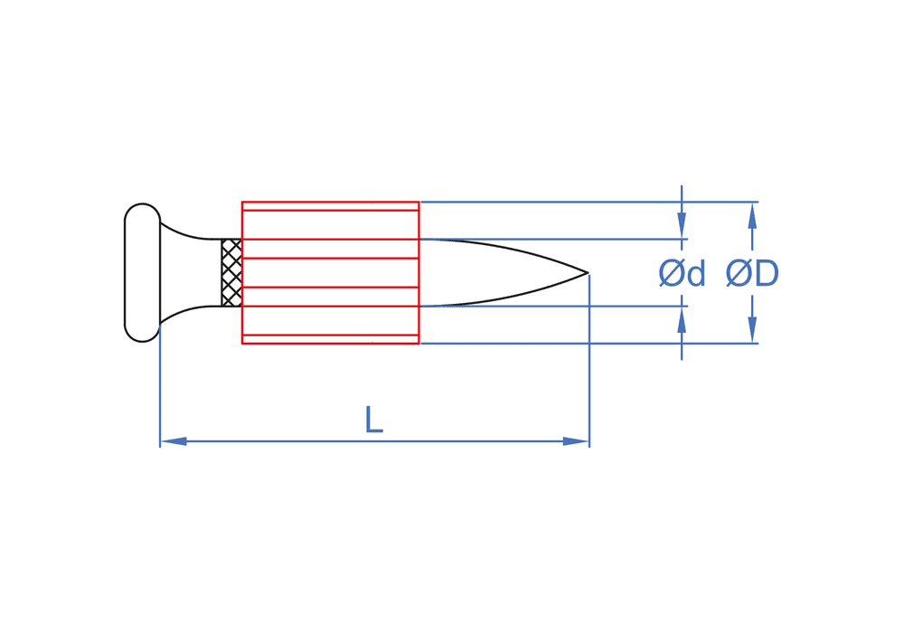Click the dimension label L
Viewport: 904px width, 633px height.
(x=373, y=420)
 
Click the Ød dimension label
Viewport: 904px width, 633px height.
(x=682, y=273)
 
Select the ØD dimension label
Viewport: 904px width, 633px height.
(x=752, y=273)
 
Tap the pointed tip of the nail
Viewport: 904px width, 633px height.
(x=587, y=272)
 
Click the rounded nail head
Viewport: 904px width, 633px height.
(x=142, y=272)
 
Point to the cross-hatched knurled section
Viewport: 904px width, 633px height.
(x=231, y=272)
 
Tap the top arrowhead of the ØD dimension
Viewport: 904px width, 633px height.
(x=752, y=213)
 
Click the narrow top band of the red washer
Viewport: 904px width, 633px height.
(x=330, y=206)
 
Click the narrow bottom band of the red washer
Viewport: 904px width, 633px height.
(x=330, y=339)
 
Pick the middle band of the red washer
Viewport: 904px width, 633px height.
(x=330, y=272)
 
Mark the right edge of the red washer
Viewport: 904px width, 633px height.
(x=419, y=272)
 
